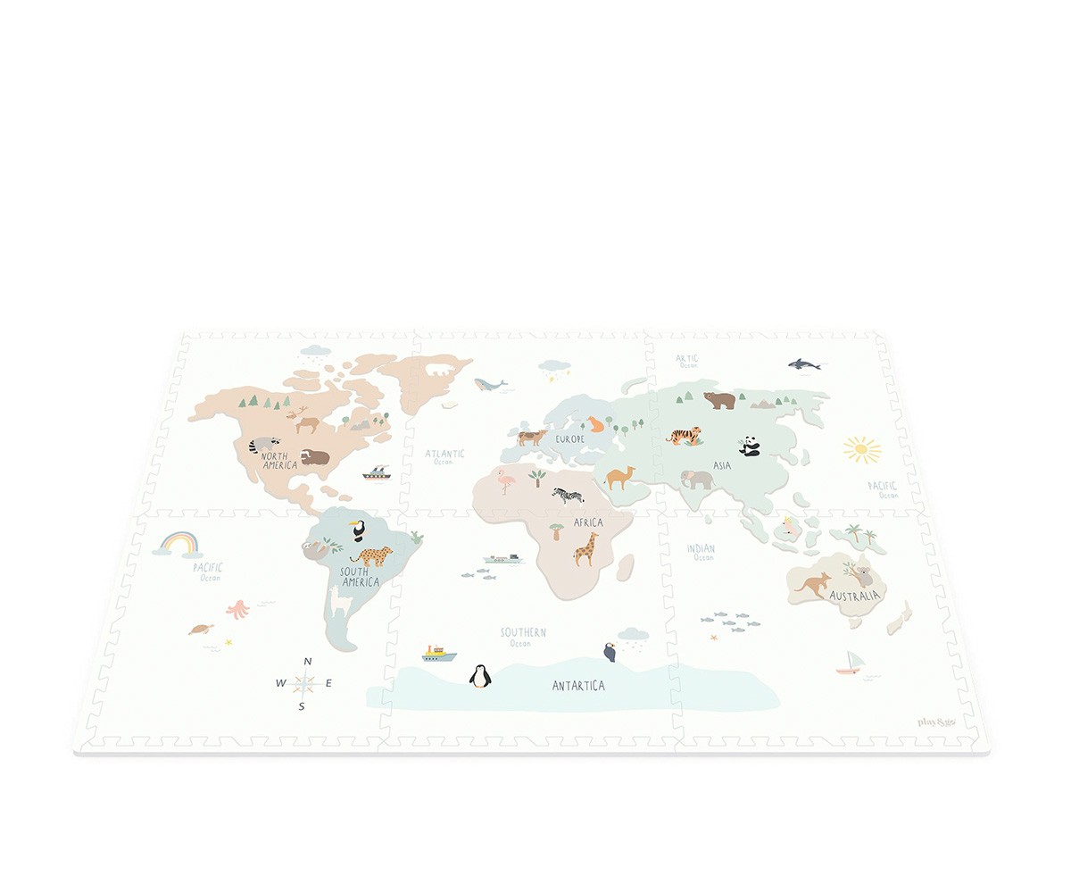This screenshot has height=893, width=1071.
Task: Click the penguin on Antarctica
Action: coord(480,676)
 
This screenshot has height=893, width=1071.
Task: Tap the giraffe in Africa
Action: coord(585,549)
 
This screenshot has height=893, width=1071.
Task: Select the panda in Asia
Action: coord(749,446)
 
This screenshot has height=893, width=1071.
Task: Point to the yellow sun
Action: coord(861,449)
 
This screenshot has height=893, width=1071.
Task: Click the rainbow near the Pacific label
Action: coord(178,543)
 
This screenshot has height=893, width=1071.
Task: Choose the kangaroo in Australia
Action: coord(812,585)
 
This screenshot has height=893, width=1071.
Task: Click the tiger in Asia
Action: coord(685,436)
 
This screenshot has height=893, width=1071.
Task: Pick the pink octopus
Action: coord(238,609)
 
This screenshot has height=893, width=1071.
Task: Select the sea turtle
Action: coord(202,629)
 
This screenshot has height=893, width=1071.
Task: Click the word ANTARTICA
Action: coord(578,686)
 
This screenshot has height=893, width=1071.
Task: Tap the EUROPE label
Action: coord(570,439)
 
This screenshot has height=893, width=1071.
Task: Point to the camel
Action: coord(619,477)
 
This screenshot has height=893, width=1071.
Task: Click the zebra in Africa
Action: coord(568,494)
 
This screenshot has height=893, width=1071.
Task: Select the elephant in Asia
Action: coord(697,480)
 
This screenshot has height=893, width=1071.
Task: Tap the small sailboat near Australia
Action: coord(851,663)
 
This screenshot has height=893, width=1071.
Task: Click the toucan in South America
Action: coord(358,530)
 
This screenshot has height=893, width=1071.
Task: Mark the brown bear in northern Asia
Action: coord(719,400)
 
